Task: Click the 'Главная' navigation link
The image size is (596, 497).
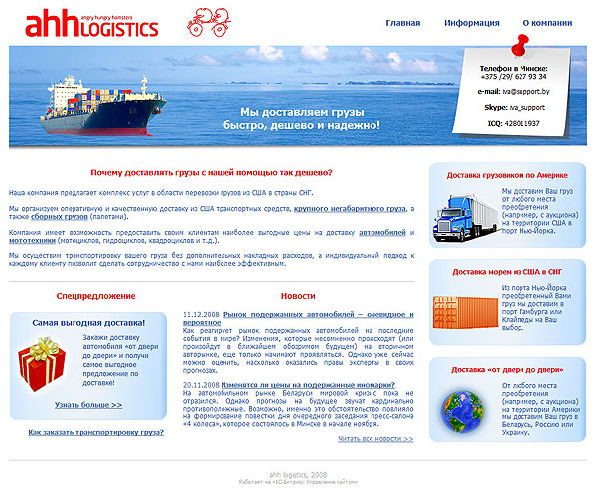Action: [403, 22]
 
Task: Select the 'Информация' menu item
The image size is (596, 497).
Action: [472, 22]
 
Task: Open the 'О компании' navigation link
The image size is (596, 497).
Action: [546, 22]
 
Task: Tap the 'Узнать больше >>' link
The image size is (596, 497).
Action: [88, 405]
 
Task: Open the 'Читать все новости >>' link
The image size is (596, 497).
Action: [374, 438]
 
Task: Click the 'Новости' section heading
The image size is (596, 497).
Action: [298, 296]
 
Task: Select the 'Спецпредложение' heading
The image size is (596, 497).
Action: [95, 296]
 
